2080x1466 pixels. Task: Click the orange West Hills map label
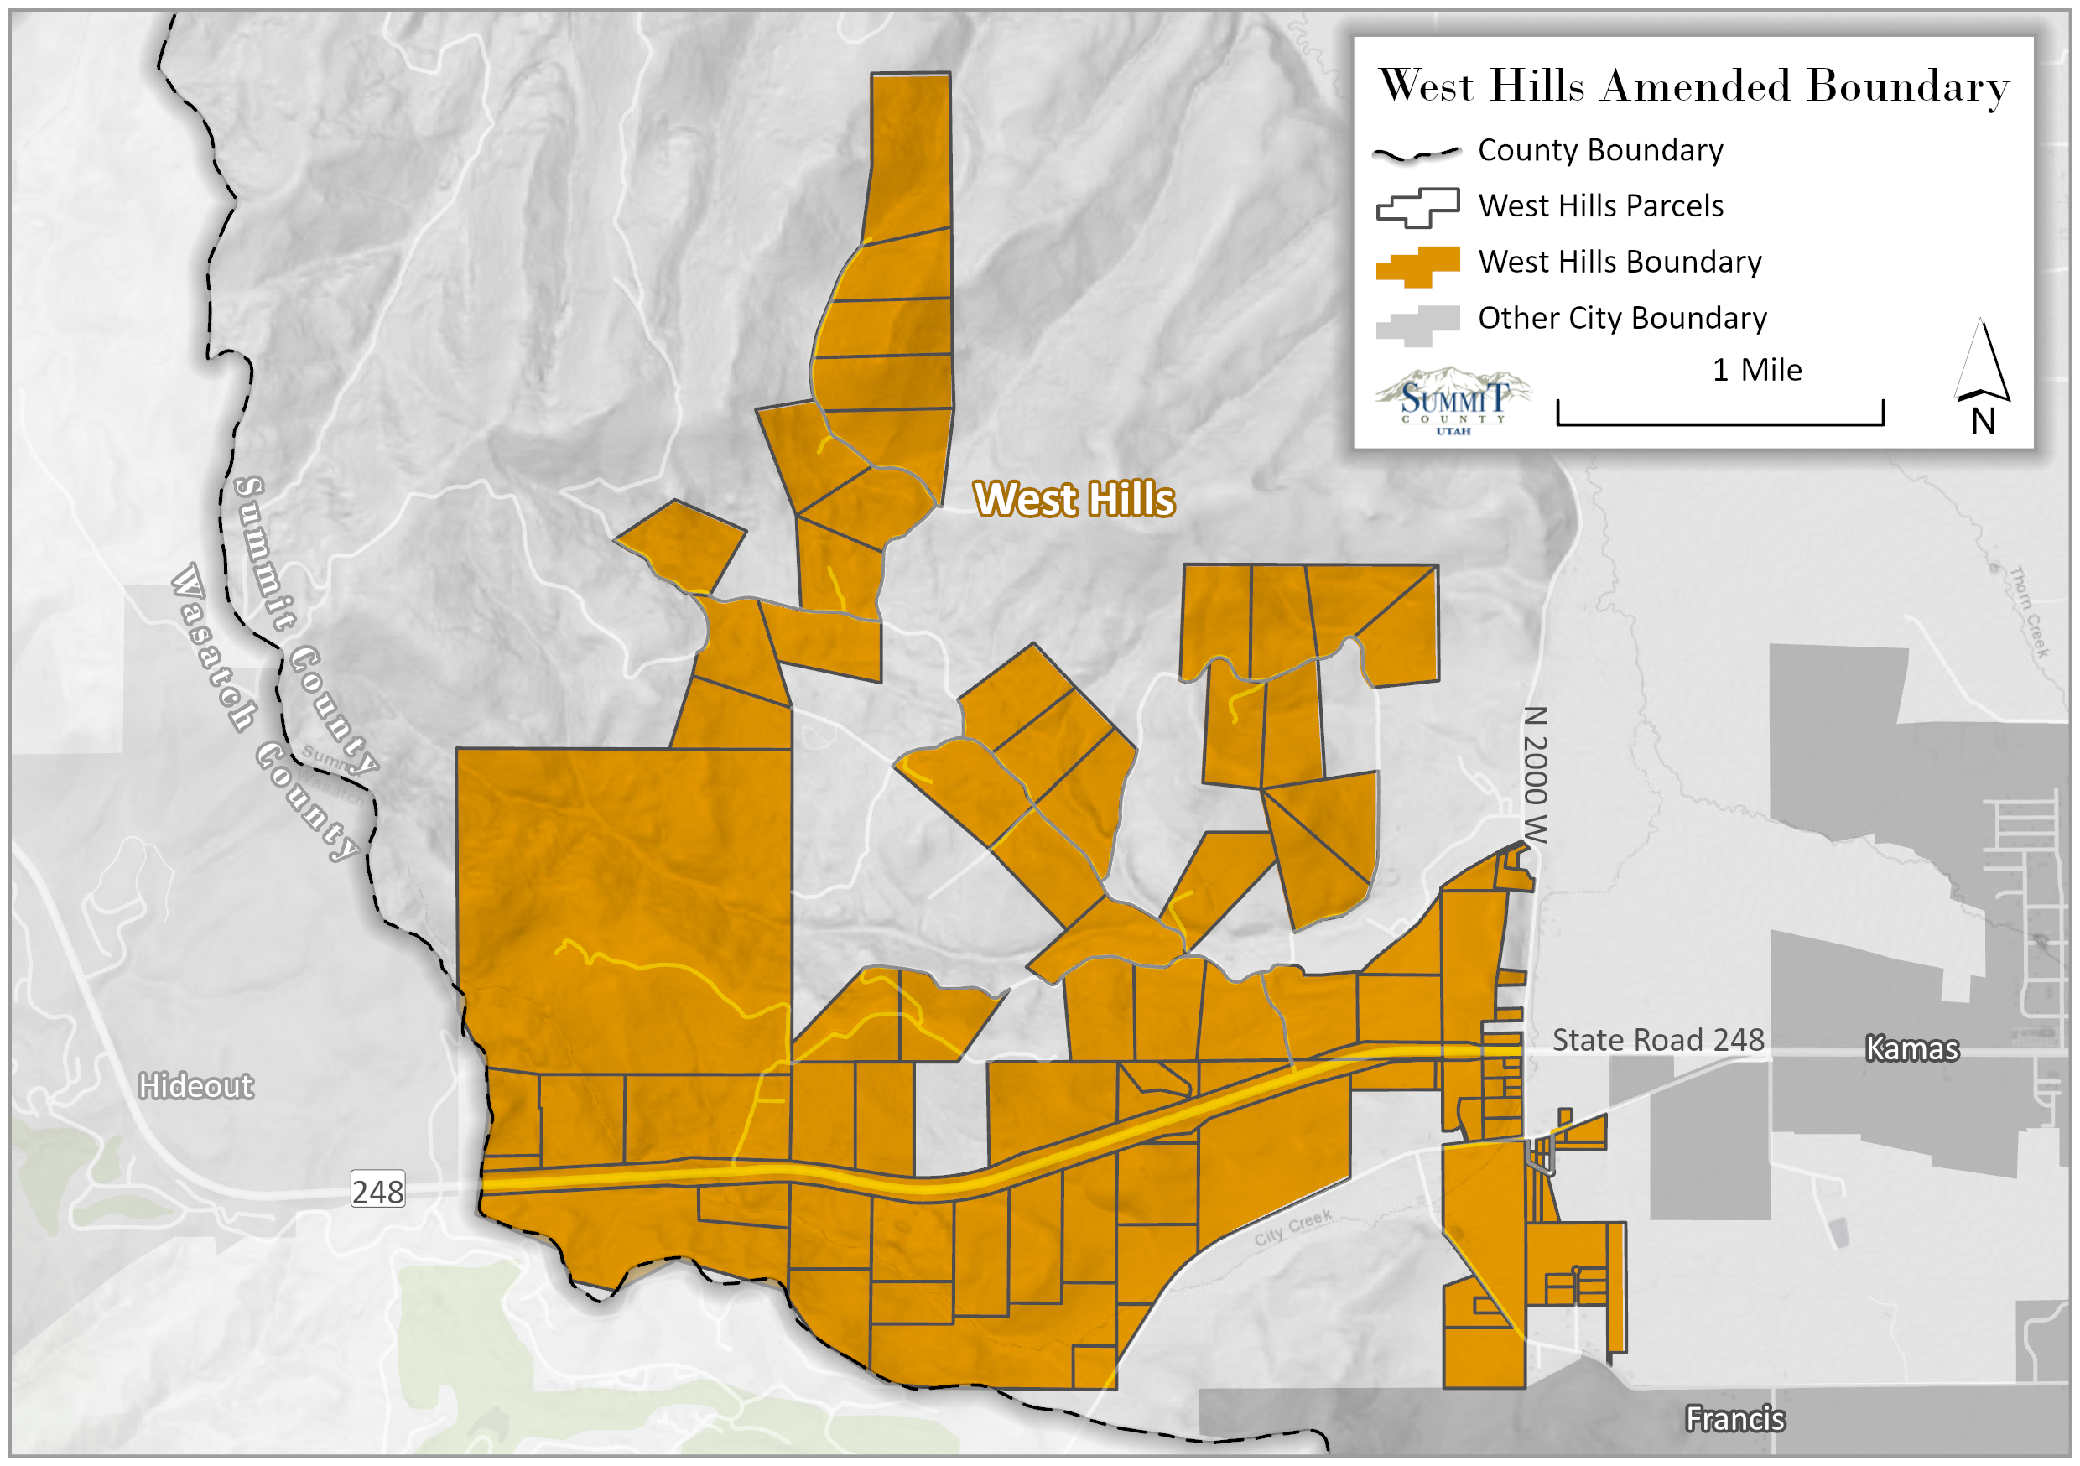1074,499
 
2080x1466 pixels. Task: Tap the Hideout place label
195,1085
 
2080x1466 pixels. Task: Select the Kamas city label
1911,1048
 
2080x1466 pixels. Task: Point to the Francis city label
1734,1419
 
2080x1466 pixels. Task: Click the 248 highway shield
377,1191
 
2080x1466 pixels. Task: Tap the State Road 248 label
1658,1039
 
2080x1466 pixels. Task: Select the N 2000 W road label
1534,775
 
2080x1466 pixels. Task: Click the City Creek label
1292,1227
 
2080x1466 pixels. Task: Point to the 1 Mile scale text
1756,370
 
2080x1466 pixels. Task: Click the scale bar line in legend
1719,422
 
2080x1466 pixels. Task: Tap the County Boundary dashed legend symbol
1417,153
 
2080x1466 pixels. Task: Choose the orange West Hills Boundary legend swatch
1417,267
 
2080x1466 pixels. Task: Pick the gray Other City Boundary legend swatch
1417,325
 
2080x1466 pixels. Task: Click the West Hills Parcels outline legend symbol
1417,207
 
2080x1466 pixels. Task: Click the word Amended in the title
1695,86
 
